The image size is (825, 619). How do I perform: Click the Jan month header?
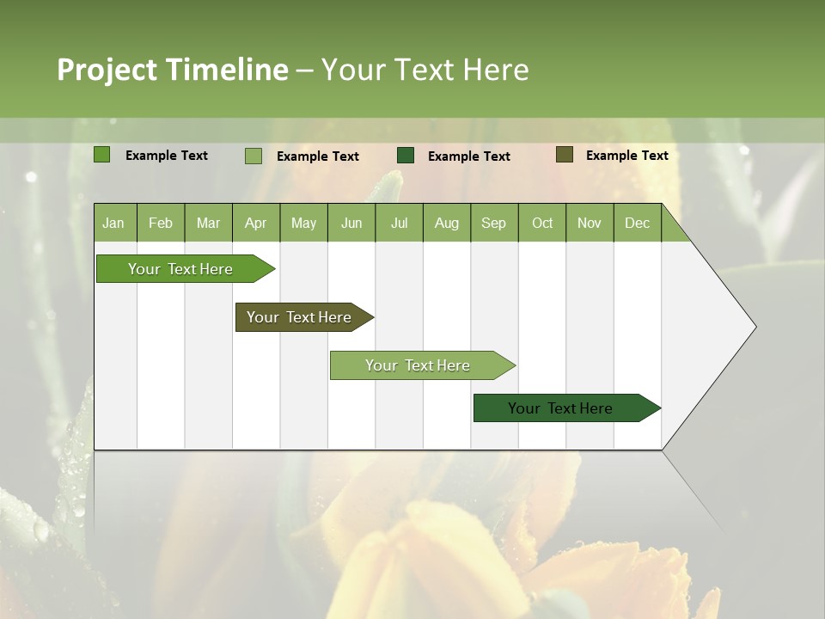(x=113, y=223)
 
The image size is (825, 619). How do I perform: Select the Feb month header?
(x=161, y=223)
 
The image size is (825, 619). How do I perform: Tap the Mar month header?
(x=208, y=223)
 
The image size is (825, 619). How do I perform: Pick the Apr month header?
(x=255, y=223)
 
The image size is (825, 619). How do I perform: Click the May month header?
(x=303, y=223)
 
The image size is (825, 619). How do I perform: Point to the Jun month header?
(x=351, y=223)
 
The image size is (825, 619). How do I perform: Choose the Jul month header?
(x=399, y=223)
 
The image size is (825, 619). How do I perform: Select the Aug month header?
(x=446, y=223)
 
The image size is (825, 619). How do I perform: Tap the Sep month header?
(x=493, y=223)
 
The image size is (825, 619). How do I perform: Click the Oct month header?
(x=542, y=223)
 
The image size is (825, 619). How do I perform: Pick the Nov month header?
(x=590, y=223)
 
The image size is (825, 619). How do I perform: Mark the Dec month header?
(x=637, y=223)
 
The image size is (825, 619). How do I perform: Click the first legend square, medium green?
(x=102, y=155)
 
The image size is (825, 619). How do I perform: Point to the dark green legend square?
(x=406, y=156)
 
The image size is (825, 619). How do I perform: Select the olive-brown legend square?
(x=565, y=155)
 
